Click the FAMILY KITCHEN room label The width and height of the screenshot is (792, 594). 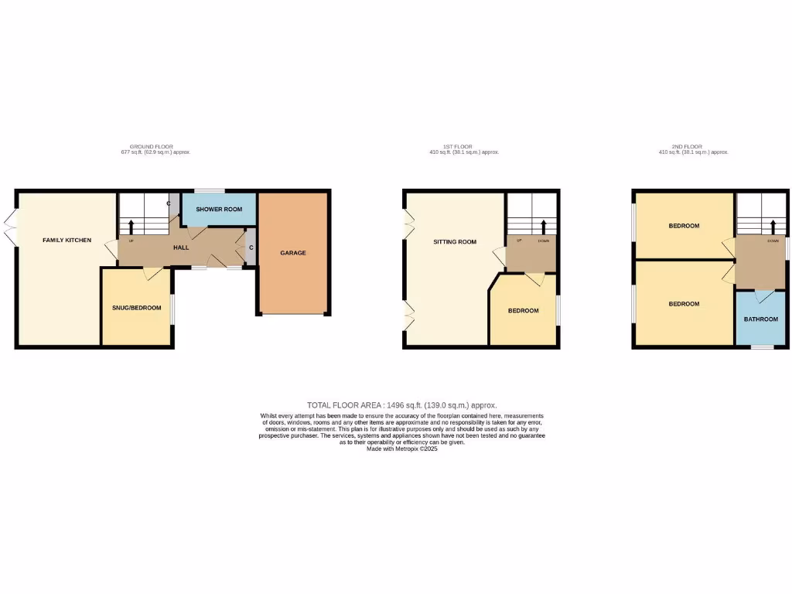point(67,241)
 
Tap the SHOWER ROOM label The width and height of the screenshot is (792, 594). point(219,210)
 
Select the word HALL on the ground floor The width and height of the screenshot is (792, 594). point(180,248)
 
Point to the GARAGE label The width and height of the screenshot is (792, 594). point(293,253)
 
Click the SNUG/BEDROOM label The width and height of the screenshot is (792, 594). point(136,308)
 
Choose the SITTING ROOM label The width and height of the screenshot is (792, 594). point(453,242)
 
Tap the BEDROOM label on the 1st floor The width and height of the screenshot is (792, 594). point(523,311)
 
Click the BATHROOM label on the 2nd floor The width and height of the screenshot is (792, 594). point(760,319)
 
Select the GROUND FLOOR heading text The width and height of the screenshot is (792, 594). point(151,146)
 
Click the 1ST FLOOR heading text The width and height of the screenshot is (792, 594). point(457,146)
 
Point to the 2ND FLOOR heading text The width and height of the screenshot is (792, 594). point(686,146)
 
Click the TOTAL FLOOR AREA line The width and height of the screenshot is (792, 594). point(401,405)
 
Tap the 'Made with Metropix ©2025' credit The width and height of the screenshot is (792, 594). point(401,449)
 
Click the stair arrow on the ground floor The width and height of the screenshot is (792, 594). point(130,227)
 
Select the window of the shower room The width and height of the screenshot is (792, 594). point(209,190)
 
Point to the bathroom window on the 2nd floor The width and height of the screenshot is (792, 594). point(762,347)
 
